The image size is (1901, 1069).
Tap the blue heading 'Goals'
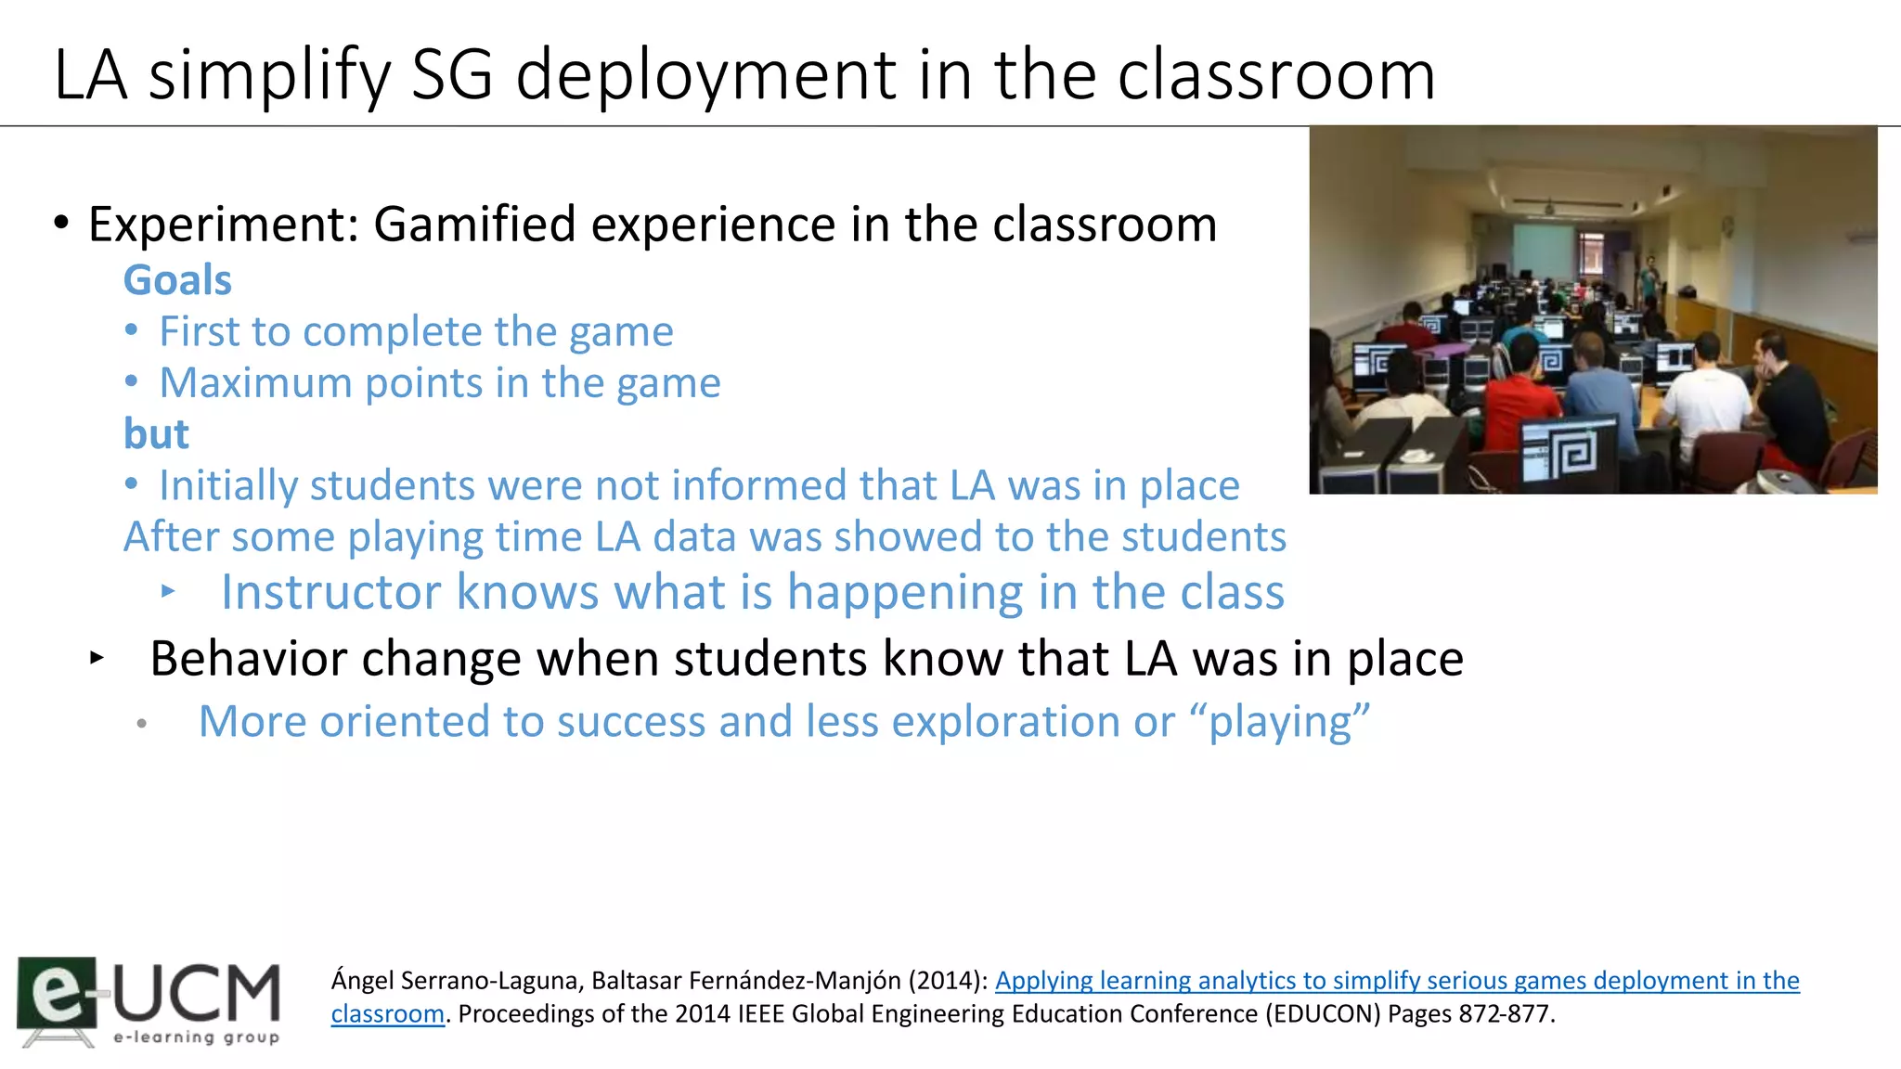[x=177, y=280]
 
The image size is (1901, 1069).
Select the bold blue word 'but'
[x=156, y=434]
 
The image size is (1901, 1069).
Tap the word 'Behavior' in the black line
[x=247, y=659]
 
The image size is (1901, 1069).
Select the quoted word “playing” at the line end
[x=1288, y=722]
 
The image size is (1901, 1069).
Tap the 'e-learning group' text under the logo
[x=196, y=1037]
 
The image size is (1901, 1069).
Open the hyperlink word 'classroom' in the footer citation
[x=387, y=1013]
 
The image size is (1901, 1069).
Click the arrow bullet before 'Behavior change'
[x=97, y=659]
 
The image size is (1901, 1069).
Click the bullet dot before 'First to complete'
[x=132, y=331]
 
